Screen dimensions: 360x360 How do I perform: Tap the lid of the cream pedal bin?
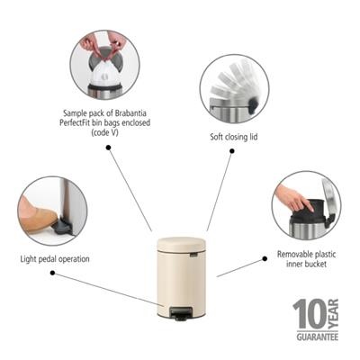pos(182,243)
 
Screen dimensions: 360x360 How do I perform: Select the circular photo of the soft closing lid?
pos(233,88)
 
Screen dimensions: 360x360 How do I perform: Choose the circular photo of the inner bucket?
pos(306,204)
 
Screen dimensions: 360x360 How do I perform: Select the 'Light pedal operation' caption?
pos(54,259)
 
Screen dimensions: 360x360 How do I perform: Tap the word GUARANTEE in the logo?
pos(317,336)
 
